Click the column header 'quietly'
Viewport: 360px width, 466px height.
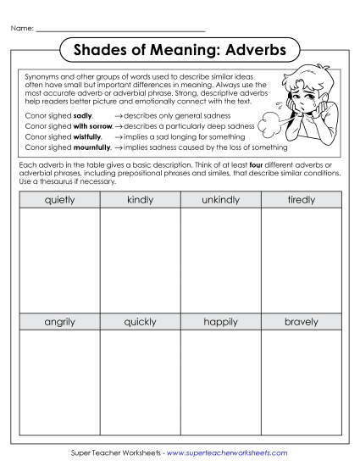pos(59,200)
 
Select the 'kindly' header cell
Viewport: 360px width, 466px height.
pos(140,200)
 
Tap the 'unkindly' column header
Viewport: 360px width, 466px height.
pos(220,200)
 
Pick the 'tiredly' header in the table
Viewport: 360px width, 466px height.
pos(301,200)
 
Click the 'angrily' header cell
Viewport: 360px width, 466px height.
pos(59,322)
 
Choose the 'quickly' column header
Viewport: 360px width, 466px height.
pos(140,322)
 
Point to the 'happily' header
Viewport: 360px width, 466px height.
pos(220,322)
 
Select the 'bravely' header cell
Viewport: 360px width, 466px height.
pos(301,322)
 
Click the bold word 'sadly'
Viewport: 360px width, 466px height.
pos(83,113)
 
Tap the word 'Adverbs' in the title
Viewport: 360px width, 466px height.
pos(249,50)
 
